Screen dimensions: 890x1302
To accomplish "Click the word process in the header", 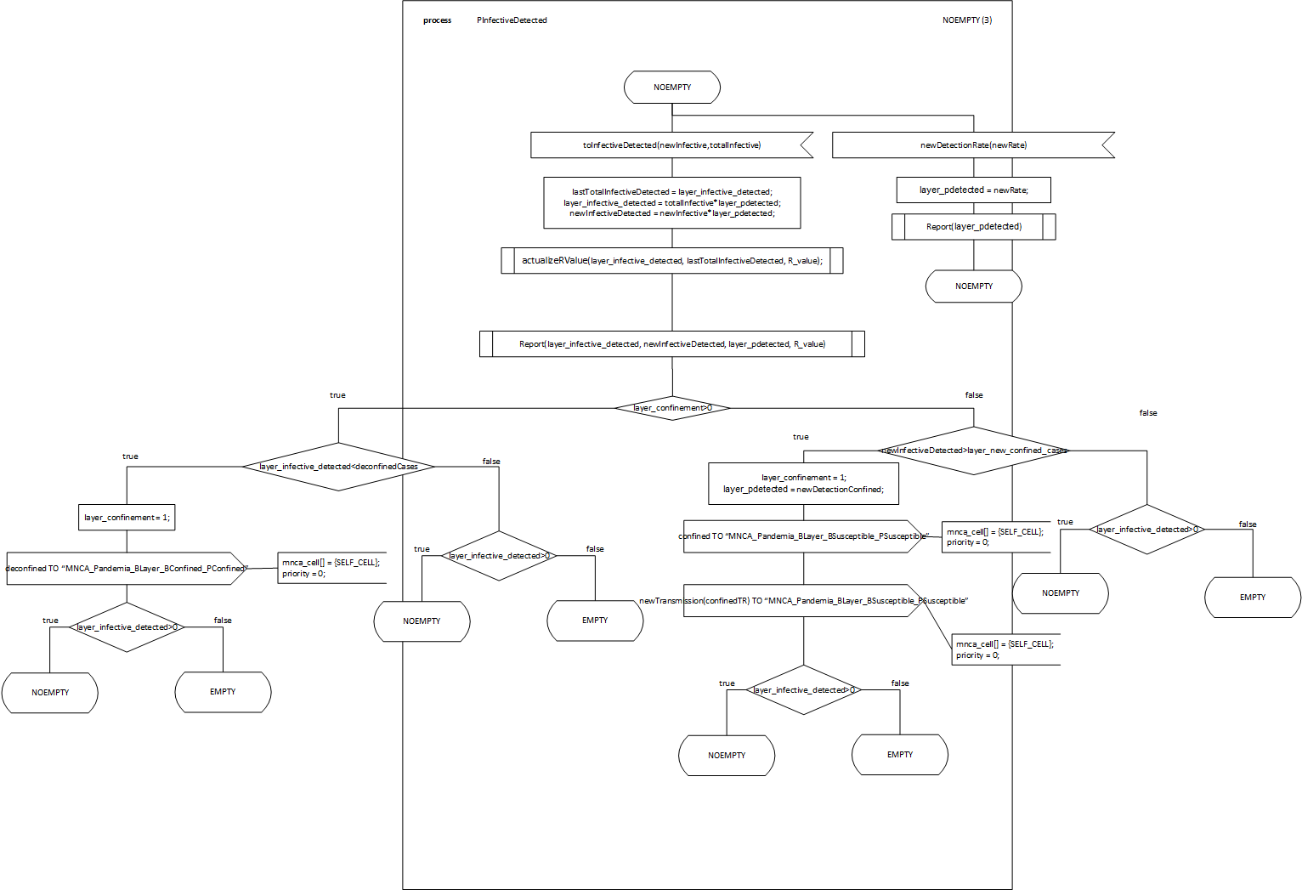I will [x=437, y=20].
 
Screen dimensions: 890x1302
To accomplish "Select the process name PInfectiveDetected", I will [x=512, y=20].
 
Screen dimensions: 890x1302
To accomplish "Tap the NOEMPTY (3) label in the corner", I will [x=966, y=20].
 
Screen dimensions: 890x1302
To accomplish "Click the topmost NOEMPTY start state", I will [x=672, y=88].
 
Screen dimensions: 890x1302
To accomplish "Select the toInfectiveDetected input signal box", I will [x=671, y=145].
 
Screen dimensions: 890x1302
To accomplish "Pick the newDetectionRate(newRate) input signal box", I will [x=973, y=145].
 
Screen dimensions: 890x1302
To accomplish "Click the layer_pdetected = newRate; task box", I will [x=973, y=190].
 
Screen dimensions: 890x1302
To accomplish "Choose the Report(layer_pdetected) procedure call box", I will [x=973, y=227].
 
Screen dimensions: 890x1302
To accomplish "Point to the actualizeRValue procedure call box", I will [x=672, y=261].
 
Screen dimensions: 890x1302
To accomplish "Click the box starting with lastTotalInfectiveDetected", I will [x=672, y=203].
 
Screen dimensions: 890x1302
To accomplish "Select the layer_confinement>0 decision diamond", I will [x=672, y=408].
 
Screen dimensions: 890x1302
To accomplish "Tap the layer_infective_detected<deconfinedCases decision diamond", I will [x=338, y=467].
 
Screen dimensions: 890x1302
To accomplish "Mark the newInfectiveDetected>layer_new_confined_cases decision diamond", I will [x=974, y=451].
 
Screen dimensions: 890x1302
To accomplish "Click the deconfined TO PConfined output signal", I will [x=126, y=569].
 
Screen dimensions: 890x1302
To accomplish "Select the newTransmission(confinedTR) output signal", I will [x=803, y=601].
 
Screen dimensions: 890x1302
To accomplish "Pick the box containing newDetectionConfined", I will [x=803, y=484].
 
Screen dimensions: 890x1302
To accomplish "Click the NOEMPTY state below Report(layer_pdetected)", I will [x=973, y=286].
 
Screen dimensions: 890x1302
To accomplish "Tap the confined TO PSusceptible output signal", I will [x=803, y=536].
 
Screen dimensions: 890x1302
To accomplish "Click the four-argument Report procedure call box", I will [x=672, y=344].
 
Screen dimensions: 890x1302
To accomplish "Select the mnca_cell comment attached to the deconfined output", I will [x=331, y=568].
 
